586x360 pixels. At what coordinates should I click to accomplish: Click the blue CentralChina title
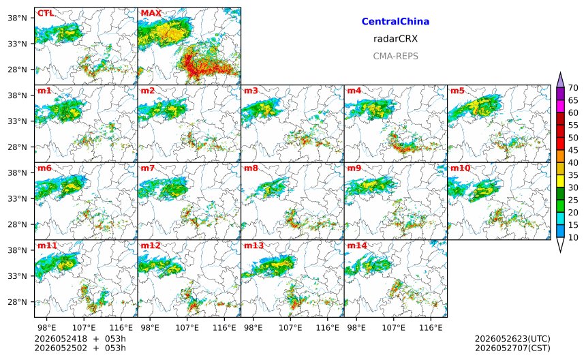[395, 21]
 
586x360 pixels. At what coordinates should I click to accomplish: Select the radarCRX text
[395, 39]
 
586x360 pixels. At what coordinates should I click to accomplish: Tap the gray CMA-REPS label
[395, 56]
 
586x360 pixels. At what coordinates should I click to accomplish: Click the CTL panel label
[45, 13]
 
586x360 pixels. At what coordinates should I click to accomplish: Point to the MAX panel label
[151, 13]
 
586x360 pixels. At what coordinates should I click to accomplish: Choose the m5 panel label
[457, 91]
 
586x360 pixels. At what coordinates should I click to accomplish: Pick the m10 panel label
[460, 168]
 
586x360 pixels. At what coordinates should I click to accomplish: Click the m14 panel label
[357, 245]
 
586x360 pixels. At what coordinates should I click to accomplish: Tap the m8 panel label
[251, 168]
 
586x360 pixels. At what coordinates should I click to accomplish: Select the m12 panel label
[150, 245]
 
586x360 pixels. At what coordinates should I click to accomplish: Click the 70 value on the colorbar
[573, 88]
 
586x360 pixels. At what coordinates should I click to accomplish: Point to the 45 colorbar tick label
[573, 150]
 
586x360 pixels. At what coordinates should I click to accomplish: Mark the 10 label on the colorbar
[573, 237]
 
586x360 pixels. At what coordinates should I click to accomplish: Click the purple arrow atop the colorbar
[560, 80]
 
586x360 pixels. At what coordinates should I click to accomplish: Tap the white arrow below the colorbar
[560, 245]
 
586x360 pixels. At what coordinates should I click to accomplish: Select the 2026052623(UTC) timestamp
[512, 339]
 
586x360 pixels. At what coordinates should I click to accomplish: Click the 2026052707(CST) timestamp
[512, 348]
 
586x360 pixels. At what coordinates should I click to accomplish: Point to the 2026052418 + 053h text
[80, 339]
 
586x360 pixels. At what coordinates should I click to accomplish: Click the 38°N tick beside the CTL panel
[17, 18]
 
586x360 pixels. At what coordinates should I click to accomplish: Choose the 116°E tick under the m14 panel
[431, 328]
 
